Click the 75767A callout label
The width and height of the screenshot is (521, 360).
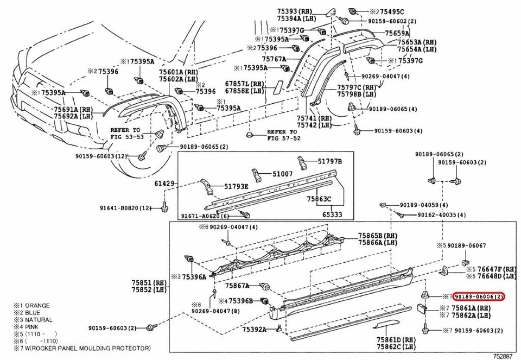pyautogui.click(x=274, y=59)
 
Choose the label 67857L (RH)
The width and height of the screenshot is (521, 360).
pyautogui.click(x=245, y=85)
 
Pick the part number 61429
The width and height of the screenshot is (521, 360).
pyautogui.click(x=165, y=184)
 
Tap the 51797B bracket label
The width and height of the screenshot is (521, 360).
pyautogui.click(x=330, y=161)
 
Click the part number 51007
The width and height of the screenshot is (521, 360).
pyautogui.click(x=283, y=174)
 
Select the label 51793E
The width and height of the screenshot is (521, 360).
pyautogui.click(x=237, y=186)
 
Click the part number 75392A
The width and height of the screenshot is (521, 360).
pyautogui.click(x=255, y=329)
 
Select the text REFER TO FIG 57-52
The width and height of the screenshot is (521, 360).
pyautogui.click(x=282, y=135)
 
